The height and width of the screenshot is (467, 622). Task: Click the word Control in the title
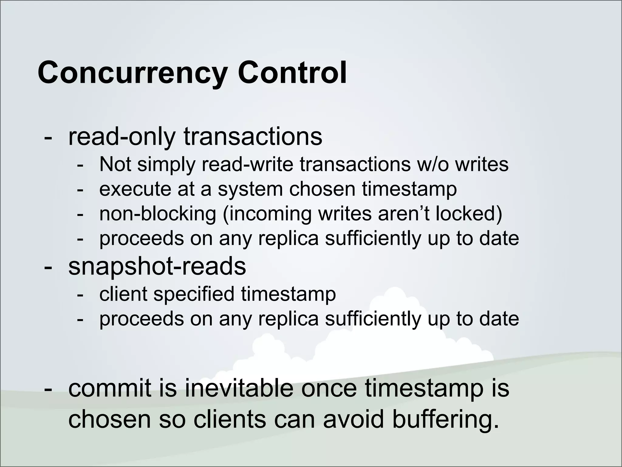coord(292,72)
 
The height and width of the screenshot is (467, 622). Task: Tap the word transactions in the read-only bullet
coord(253,137)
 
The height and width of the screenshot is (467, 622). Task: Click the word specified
coord(193,294)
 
